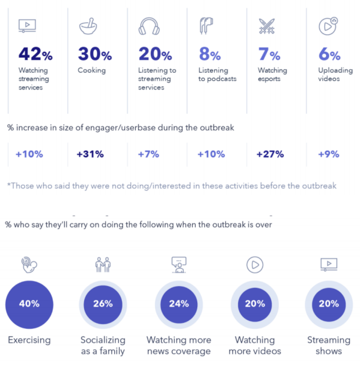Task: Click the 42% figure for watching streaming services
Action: pos(35,55)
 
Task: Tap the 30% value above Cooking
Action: pos(94,55)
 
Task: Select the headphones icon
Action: pos(148,27)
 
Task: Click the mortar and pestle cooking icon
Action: pos(87,26)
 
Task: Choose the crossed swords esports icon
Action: pos(267,27)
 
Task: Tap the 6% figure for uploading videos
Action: pos(329,55)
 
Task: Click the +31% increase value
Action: pos(90,154)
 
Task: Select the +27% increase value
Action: pos(270,154)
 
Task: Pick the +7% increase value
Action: pos(148,154)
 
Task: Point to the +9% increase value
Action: pos(329,154)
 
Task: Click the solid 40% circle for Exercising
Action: pos(29,304)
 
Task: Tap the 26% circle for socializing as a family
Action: pos(103,304)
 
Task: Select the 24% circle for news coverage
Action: pos(179,304)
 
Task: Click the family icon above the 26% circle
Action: pos(103,264)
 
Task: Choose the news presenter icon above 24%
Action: pos(179,264)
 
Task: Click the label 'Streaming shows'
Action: pos(329,345)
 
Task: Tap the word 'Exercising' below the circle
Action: pos(29,340)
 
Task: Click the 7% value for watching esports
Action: pos(269,55)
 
